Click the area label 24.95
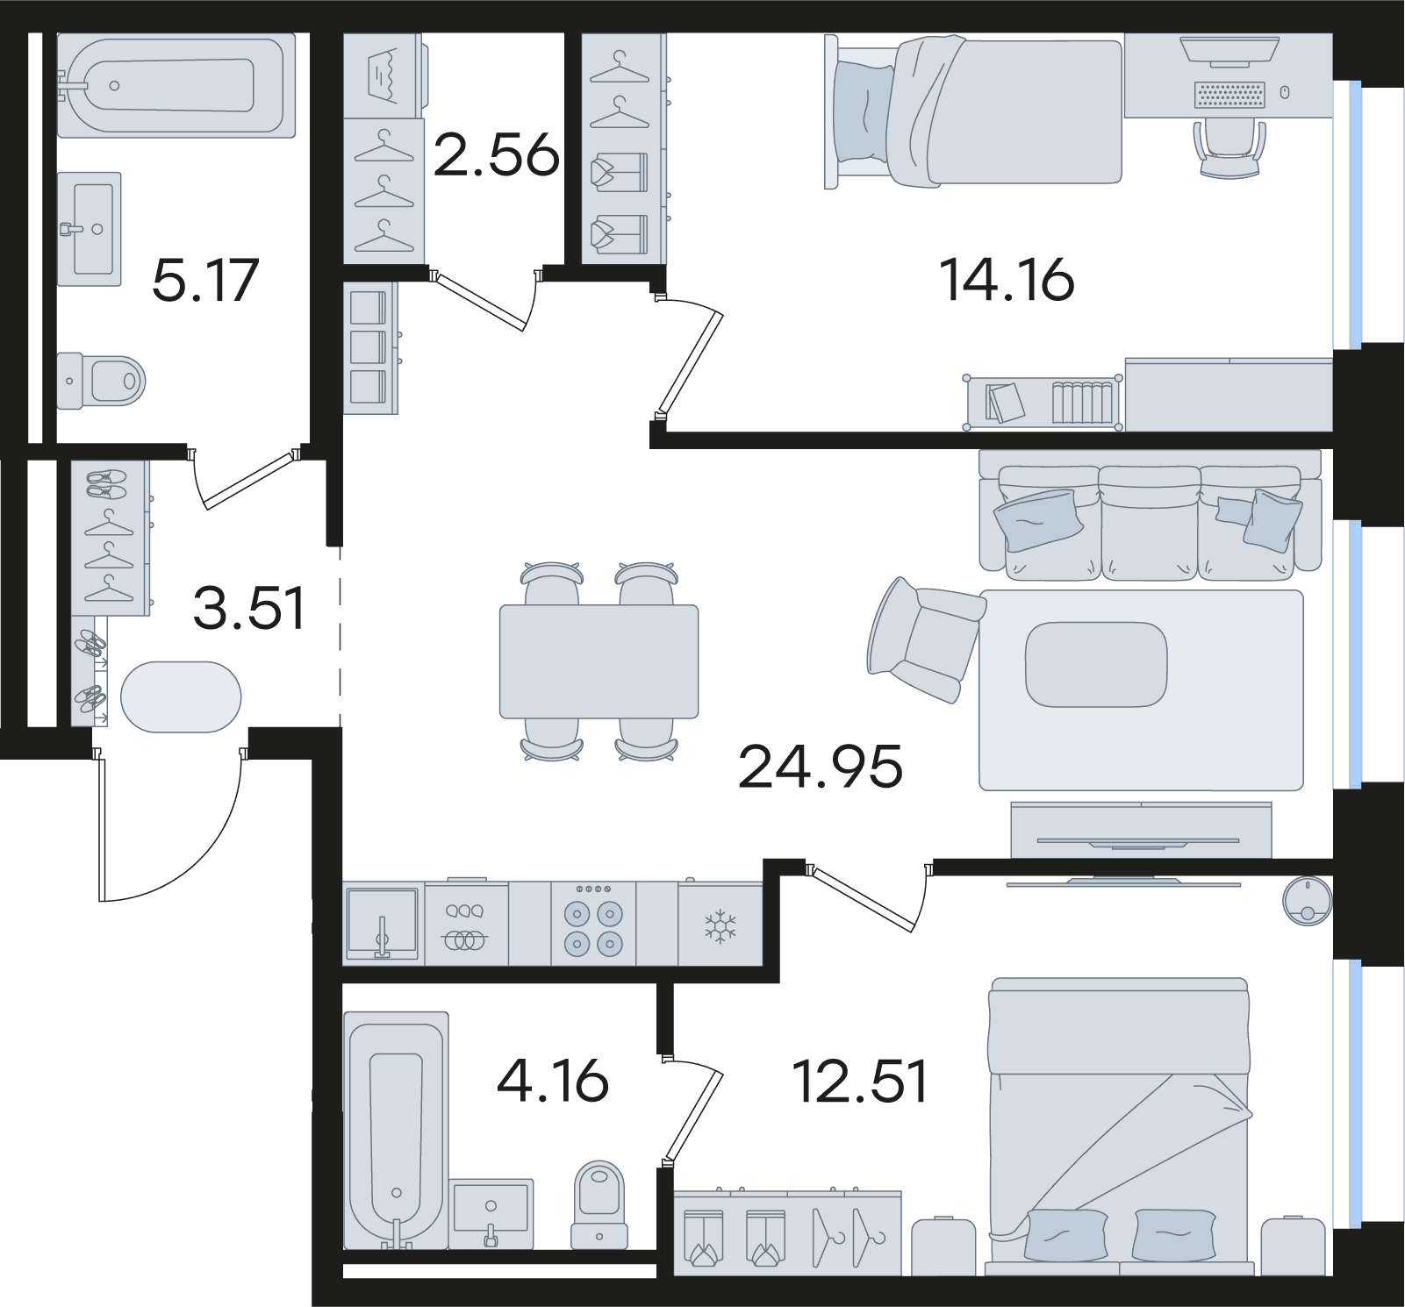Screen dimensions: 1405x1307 tap(820, 766)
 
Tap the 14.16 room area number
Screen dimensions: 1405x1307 tap(1007, 280)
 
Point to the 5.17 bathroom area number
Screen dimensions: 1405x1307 tap(205, 280)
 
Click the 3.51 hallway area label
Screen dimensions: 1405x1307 tap(249, 608)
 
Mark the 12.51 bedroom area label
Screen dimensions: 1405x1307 tap(860, 1081)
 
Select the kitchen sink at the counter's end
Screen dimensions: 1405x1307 tap(382, 925)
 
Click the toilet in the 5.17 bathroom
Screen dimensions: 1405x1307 tap(101, 381)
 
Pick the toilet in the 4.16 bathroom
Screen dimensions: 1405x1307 tap(599, 1204)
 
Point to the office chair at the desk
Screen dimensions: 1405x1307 tap(1230, 148)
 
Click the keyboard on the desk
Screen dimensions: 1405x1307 tap(1230, 94)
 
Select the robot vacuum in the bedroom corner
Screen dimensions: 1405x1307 tap(1308, 901)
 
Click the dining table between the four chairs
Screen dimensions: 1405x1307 tap(599, 661)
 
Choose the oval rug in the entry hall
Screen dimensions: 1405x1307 tap(181, 696)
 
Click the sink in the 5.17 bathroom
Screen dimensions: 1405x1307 tap(90, 229)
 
